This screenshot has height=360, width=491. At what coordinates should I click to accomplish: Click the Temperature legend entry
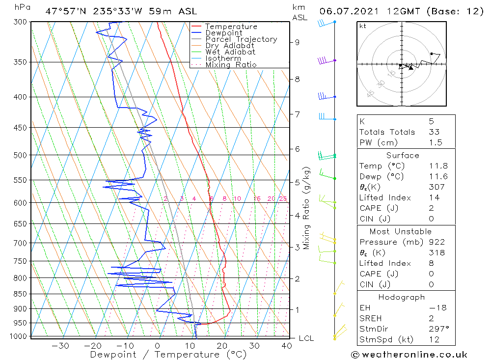point(231,27)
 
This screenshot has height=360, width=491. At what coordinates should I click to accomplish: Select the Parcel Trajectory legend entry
point(241,39)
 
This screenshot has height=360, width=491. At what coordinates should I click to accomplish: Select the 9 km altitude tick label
point(297,42)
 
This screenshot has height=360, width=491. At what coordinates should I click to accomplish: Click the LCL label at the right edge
point(306,338)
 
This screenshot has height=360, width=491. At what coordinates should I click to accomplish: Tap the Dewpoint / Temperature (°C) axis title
point(168,355)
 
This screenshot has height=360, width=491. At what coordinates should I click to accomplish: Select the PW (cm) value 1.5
point(436,142)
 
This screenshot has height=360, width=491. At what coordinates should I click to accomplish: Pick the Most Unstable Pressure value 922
point(436,242)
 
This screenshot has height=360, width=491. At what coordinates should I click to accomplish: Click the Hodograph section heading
point(402,297)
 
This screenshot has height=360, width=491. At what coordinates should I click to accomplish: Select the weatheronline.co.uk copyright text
point(409,355)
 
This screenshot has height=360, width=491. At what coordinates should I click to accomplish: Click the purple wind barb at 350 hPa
point(323,60)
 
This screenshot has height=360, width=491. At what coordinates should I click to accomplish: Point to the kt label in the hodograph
point(363,26)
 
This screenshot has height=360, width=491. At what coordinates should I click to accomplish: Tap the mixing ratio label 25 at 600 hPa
point(283,198)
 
